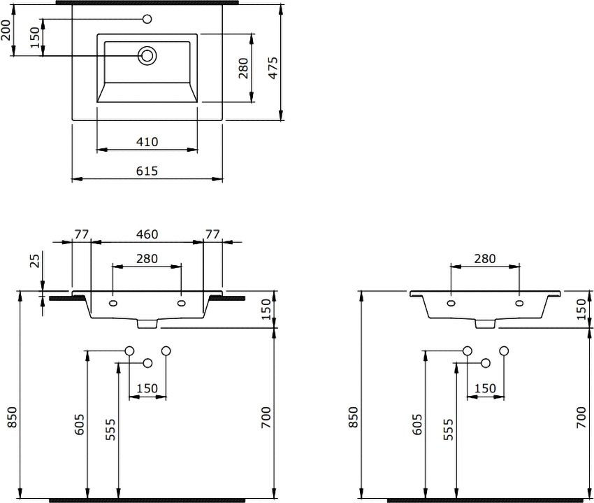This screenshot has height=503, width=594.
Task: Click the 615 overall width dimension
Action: pyautogui.click(x=147, y=171)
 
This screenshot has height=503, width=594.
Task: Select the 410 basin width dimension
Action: pyautogui.click(x=147, y=142)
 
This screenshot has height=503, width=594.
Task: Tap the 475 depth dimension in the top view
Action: pyautogui.click(x=273, y=68)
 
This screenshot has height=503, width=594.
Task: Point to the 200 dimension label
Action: pyautogui.click(x=6, y=30)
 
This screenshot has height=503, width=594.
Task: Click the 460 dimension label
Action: pyautogui.click(x=147, y=234)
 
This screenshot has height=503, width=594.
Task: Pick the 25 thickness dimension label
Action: pyautogui.click(x=34, y=261)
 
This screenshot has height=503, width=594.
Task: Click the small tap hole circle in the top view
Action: pyautogui.click(x=147, y=19)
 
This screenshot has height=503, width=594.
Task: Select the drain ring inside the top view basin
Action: pyautogui.click(x=147, y=56)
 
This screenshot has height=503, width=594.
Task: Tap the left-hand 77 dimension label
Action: pyautogui.click(x=81, y=234)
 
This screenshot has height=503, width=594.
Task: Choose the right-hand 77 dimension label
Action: pyautogui.click(x=212, y=234)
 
